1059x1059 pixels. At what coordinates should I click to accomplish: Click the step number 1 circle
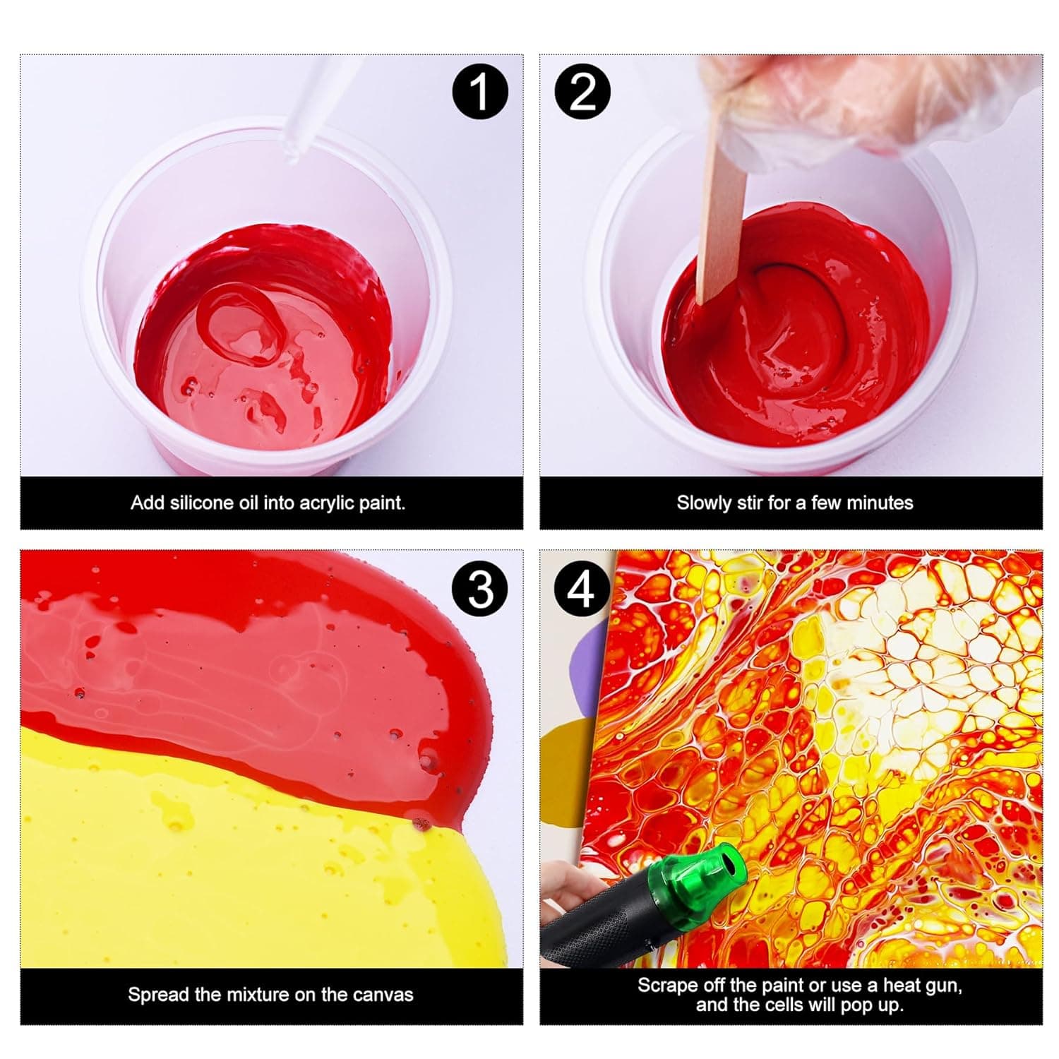pyautogui.click(x=480, y=91)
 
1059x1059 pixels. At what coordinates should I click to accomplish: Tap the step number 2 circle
pyautogui.click(x=582, y=91)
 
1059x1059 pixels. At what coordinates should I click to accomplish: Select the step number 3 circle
pyautogui.click(x=480, y=588)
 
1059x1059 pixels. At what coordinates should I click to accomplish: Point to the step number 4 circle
pyautogui.click(x=582, y=588)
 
